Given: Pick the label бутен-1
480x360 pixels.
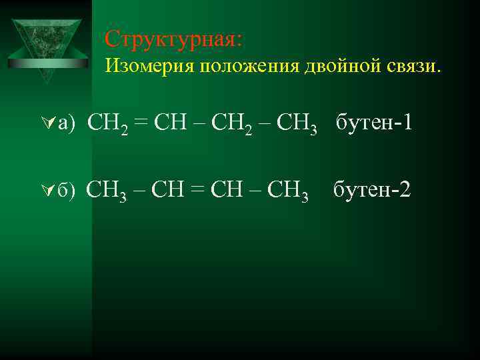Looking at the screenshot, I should click(x=377, y=123).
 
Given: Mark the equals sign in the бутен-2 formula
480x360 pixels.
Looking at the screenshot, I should click(x=199, y=191).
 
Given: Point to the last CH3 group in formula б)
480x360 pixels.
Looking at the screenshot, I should click(x=287, y=191).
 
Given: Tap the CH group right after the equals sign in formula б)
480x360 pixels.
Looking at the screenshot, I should click(x=227, y=191).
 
